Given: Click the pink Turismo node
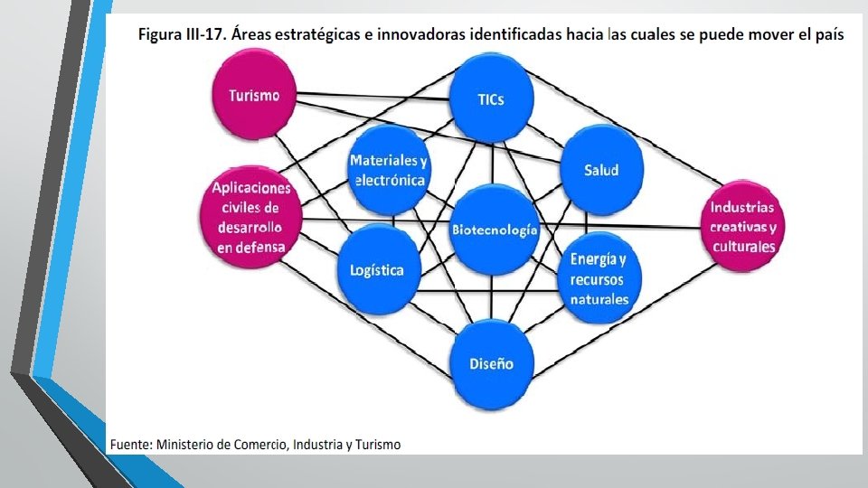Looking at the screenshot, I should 254,95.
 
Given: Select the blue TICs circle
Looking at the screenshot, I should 491,99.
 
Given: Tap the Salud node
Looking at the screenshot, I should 601,169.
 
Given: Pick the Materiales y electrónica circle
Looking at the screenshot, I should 388,170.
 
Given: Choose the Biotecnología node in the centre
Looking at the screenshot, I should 495,230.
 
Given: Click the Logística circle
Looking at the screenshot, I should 378,270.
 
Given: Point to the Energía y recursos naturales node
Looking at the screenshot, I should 599,279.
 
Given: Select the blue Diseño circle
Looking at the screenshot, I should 491,363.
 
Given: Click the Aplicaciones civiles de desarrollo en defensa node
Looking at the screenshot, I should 250,217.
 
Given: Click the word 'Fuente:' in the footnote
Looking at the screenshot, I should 131,445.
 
